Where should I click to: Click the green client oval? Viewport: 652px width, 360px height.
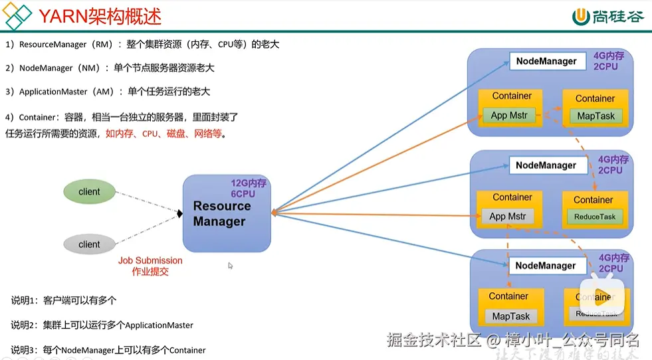(x=89, y=192)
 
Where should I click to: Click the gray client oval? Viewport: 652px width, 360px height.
(x=89, y=244)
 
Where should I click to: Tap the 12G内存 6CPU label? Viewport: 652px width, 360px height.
(x=248, y=188)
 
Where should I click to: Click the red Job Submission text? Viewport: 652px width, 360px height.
(x=150, y=266)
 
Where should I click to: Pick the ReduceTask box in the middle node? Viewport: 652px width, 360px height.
(x=594, y=217)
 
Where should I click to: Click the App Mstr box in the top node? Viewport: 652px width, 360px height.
(x=509, y=116)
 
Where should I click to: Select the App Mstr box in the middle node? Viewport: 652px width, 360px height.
(x=508, y=217)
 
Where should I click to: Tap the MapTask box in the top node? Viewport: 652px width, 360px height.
(x=596, y=116)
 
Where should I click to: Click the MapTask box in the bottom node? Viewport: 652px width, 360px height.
(x=510, y=316)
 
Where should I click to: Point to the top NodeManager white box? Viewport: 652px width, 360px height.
(x=546, y=61)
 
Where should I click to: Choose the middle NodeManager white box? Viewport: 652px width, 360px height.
(x=546, y=165)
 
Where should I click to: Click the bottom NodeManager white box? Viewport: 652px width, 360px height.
(x=546, y=266)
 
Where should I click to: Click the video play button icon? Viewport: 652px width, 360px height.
(x=603, y=297)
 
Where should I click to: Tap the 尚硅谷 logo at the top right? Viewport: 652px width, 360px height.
(x=607, y=17)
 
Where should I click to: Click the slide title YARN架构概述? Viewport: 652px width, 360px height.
(x=99, y=17)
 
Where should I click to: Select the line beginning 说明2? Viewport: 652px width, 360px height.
(x=102, y=325)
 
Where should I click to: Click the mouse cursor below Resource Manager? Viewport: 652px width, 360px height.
(x=231, y=266)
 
